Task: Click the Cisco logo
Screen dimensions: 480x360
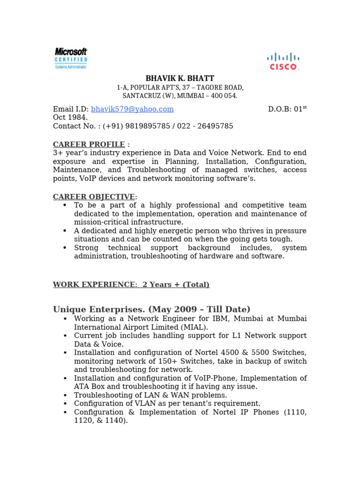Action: (283, 61)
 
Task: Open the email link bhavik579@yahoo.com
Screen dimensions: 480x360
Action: (132, 109)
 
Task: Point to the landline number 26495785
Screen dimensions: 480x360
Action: (214, 126)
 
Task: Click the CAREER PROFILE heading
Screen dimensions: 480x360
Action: (89, 144)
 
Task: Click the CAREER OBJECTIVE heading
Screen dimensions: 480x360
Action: (94, 197)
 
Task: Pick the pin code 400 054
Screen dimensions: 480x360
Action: (223, 96)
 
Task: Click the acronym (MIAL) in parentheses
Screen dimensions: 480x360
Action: (196, 327)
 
